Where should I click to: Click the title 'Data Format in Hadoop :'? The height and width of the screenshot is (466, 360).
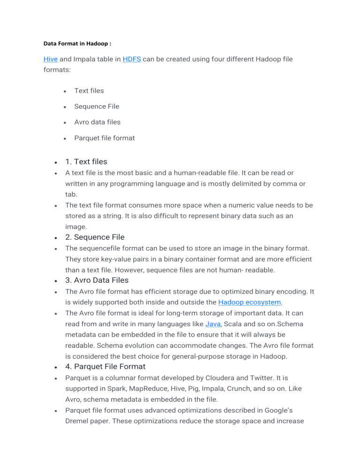78,43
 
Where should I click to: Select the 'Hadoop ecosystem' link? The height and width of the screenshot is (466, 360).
249,302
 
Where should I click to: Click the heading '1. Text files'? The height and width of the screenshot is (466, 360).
86,162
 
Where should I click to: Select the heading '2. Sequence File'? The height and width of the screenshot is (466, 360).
95,237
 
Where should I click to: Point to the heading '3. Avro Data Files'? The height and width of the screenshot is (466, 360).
97,280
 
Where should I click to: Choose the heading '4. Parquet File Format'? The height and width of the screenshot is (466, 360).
105,367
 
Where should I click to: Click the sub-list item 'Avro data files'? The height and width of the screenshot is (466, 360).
97,122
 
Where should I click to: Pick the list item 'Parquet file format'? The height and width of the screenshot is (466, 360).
104,138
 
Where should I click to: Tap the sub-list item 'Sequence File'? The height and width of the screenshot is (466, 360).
97,106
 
